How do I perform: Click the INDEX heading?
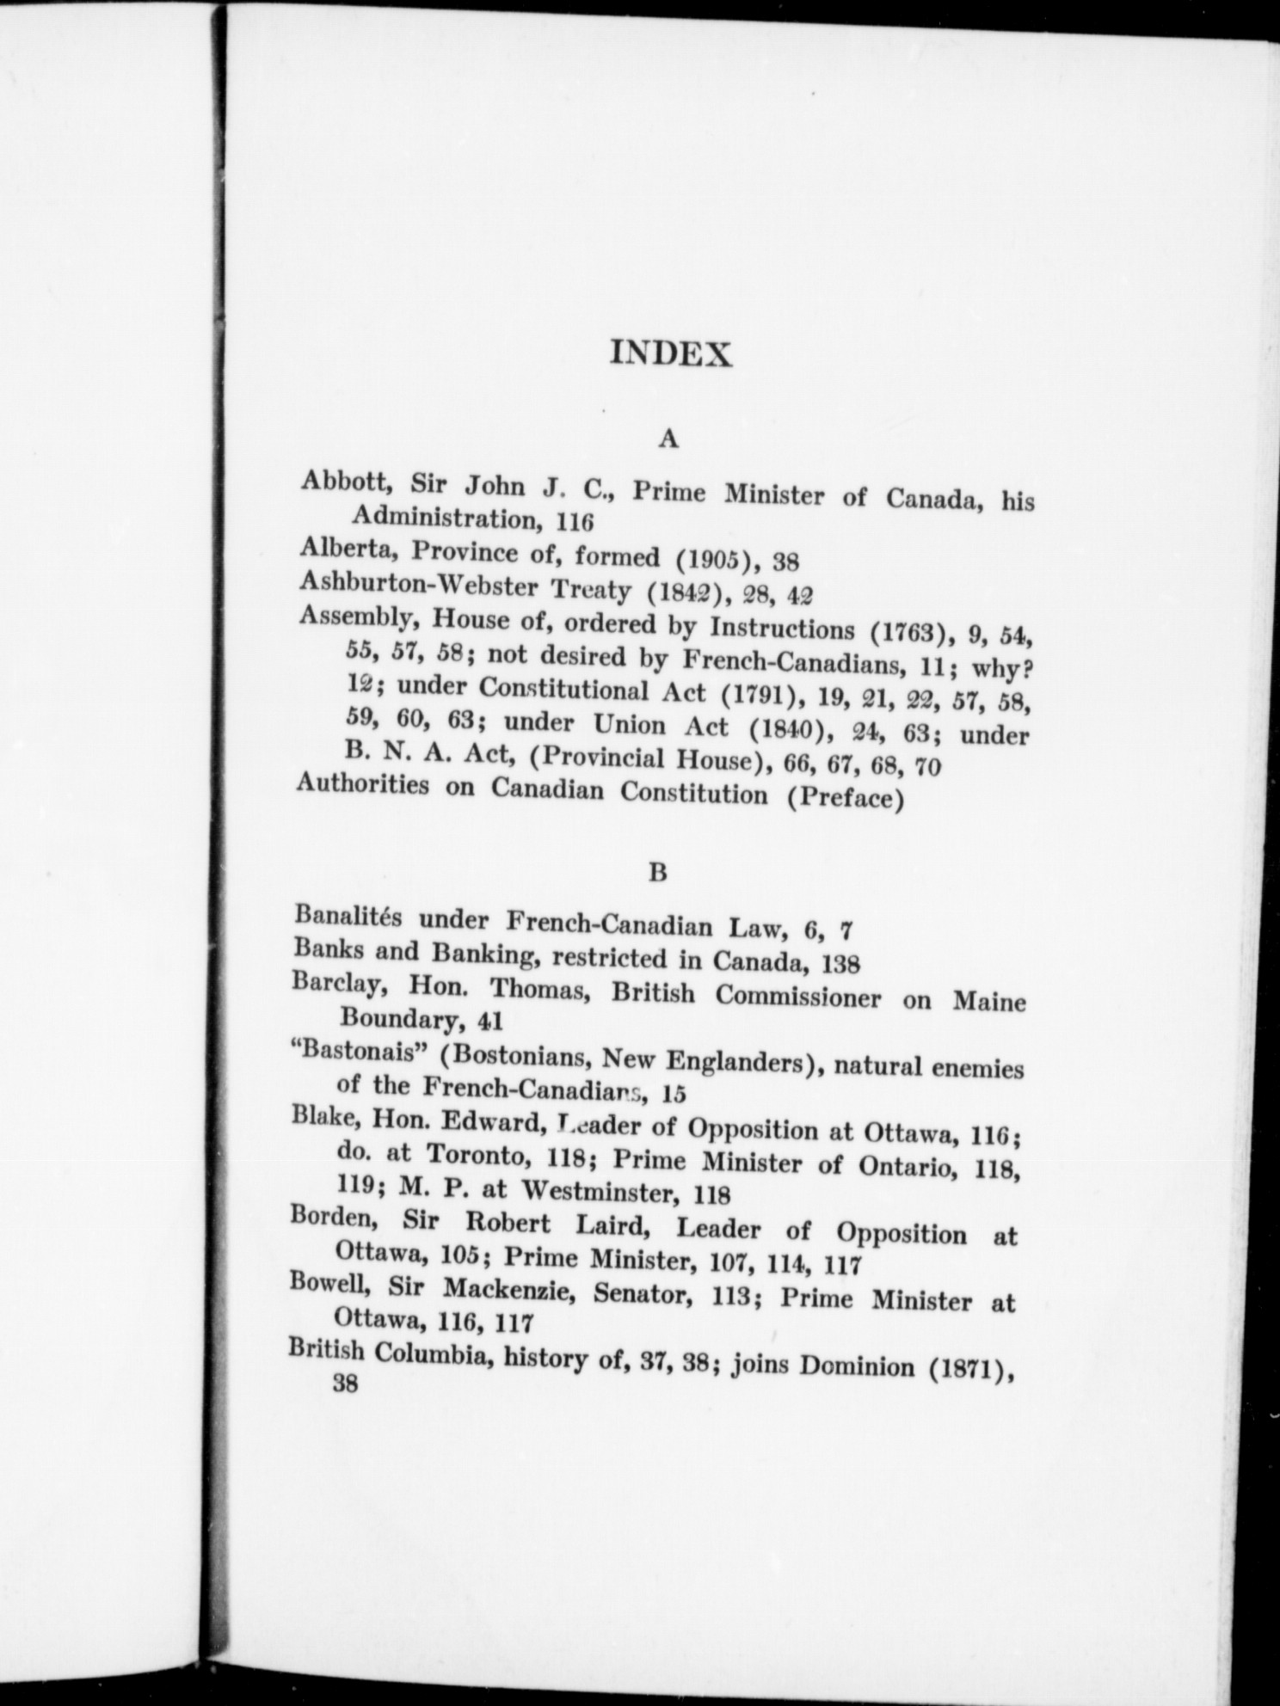670,354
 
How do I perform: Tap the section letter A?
668,439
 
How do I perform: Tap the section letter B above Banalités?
658,873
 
